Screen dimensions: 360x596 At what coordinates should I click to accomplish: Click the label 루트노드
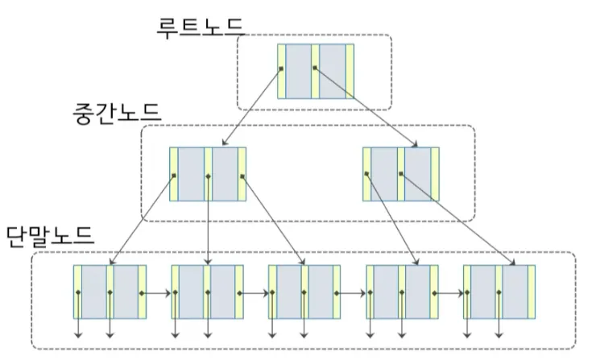pos(201,25)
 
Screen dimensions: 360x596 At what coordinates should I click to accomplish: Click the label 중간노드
pos(116,112)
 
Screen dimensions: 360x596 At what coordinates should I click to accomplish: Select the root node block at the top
pos(316,71)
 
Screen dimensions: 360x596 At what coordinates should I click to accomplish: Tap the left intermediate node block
pos(208,174)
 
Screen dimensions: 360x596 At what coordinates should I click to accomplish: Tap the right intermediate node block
pos(400,174)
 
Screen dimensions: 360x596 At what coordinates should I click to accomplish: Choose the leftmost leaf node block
pos(110,291)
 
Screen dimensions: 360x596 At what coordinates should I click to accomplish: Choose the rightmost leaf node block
pos(499,291)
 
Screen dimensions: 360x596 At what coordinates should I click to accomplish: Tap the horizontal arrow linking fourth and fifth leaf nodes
pos(452,293)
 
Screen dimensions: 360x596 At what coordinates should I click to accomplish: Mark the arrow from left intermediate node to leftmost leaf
pos(141,221)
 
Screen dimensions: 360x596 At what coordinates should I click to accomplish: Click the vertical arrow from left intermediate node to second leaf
pos(209,221)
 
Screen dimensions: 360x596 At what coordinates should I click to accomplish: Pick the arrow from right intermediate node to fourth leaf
pos(392,221)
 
